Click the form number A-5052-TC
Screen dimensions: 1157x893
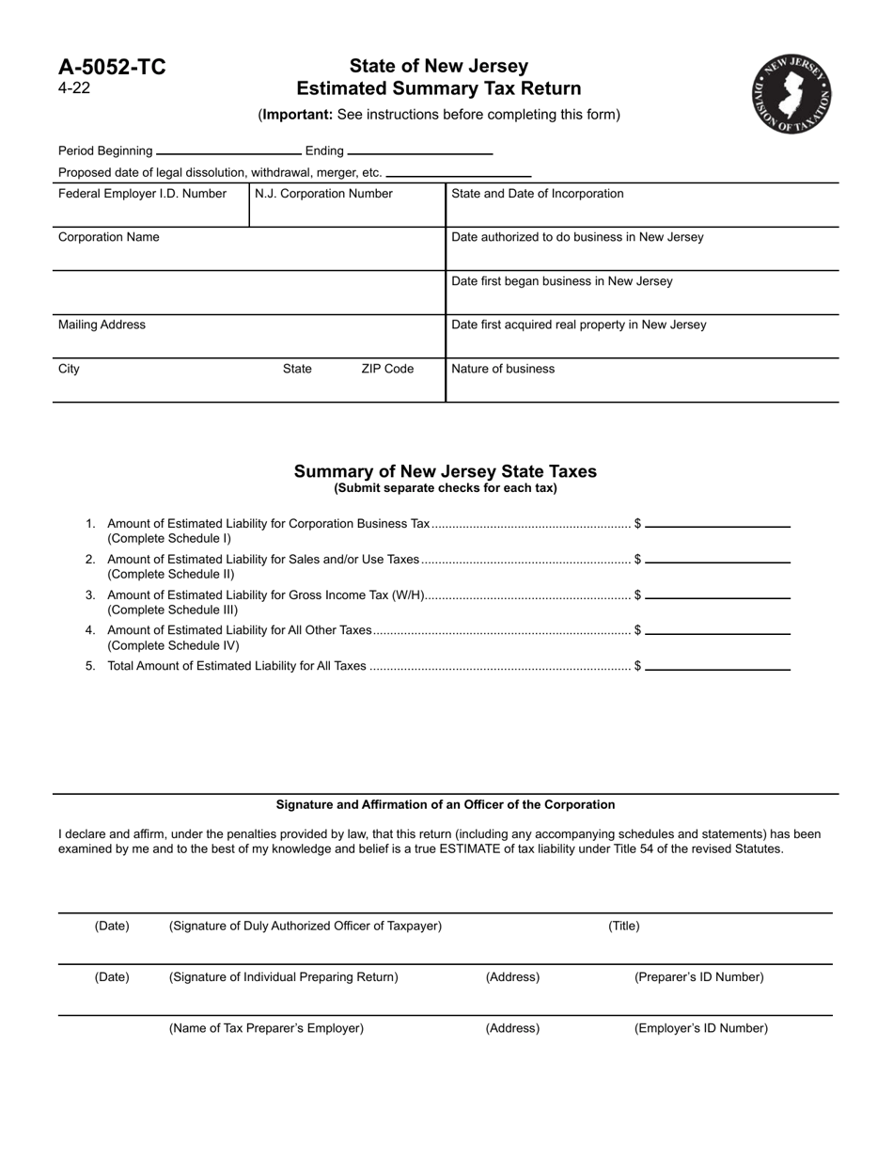[112, 67]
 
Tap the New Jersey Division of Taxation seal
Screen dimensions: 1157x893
[791, 93]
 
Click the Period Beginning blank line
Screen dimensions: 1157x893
[228, 151]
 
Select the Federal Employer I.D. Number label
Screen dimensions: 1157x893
[142, 194]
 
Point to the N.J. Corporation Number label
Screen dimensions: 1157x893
[324, 194]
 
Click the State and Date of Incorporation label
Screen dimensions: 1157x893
[538, 194]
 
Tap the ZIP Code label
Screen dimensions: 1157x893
[387, 369]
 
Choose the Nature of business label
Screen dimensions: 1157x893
[503, 369]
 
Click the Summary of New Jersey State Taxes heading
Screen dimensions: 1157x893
[445, 471]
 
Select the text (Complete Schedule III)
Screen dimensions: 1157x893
[173, 610]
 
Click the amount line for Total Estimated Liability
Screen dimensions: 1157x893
[717, 668]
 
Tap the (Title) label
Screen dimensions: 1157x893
[624, 926]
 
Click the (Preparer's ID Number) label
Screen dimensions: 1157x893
[699, 976]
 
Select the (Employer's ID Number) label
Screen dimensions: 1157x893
[701, 1028]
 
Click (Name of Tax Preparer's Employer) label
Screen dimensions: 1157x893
[266, 1028]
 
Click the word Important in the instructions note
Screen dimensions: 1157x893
[296, 115]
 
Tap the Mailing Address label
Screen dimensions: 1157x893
[102, 325]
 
